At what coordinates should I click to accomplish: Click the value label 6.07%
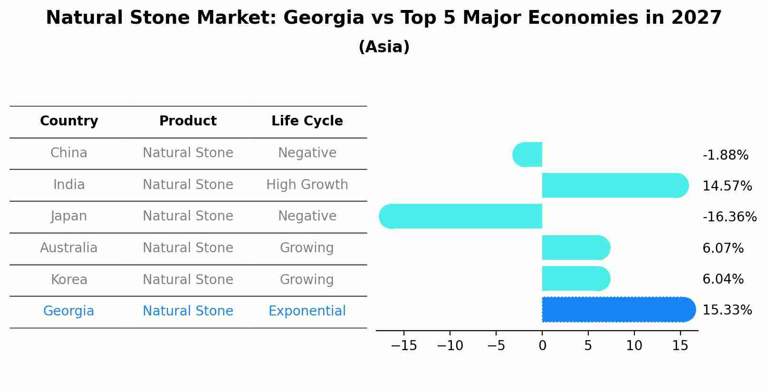[723, 248]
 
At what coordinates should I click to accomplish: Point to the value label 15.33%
[727, 310]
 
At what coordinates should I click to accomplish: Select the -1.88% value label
[725, 155]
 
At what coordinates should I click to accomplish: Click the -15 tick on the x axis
[404, 345]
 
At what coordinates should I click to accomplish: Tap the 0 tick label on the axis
[542, 345]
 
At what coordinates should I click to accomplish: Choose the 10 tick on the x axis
[634, 345]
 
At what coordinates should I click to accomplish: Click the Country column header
[69, 121]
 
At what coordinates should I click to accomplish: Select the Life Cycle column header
[307, 121]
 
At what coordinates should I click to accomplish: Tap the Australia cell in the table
[69, 248]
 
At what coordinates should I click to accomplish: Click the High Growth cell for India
[307, 184]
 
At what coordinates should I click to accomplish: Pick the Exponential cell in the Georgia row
[307, 311]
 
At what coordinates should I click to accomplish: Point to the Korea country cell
[69, 279]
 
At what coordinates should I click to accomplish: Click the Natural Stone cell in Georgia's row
[188, 311]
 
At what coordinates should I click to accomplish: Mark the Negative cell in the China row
[307, 153]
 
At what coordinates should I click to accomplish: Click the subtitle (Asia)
[383, 47]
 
